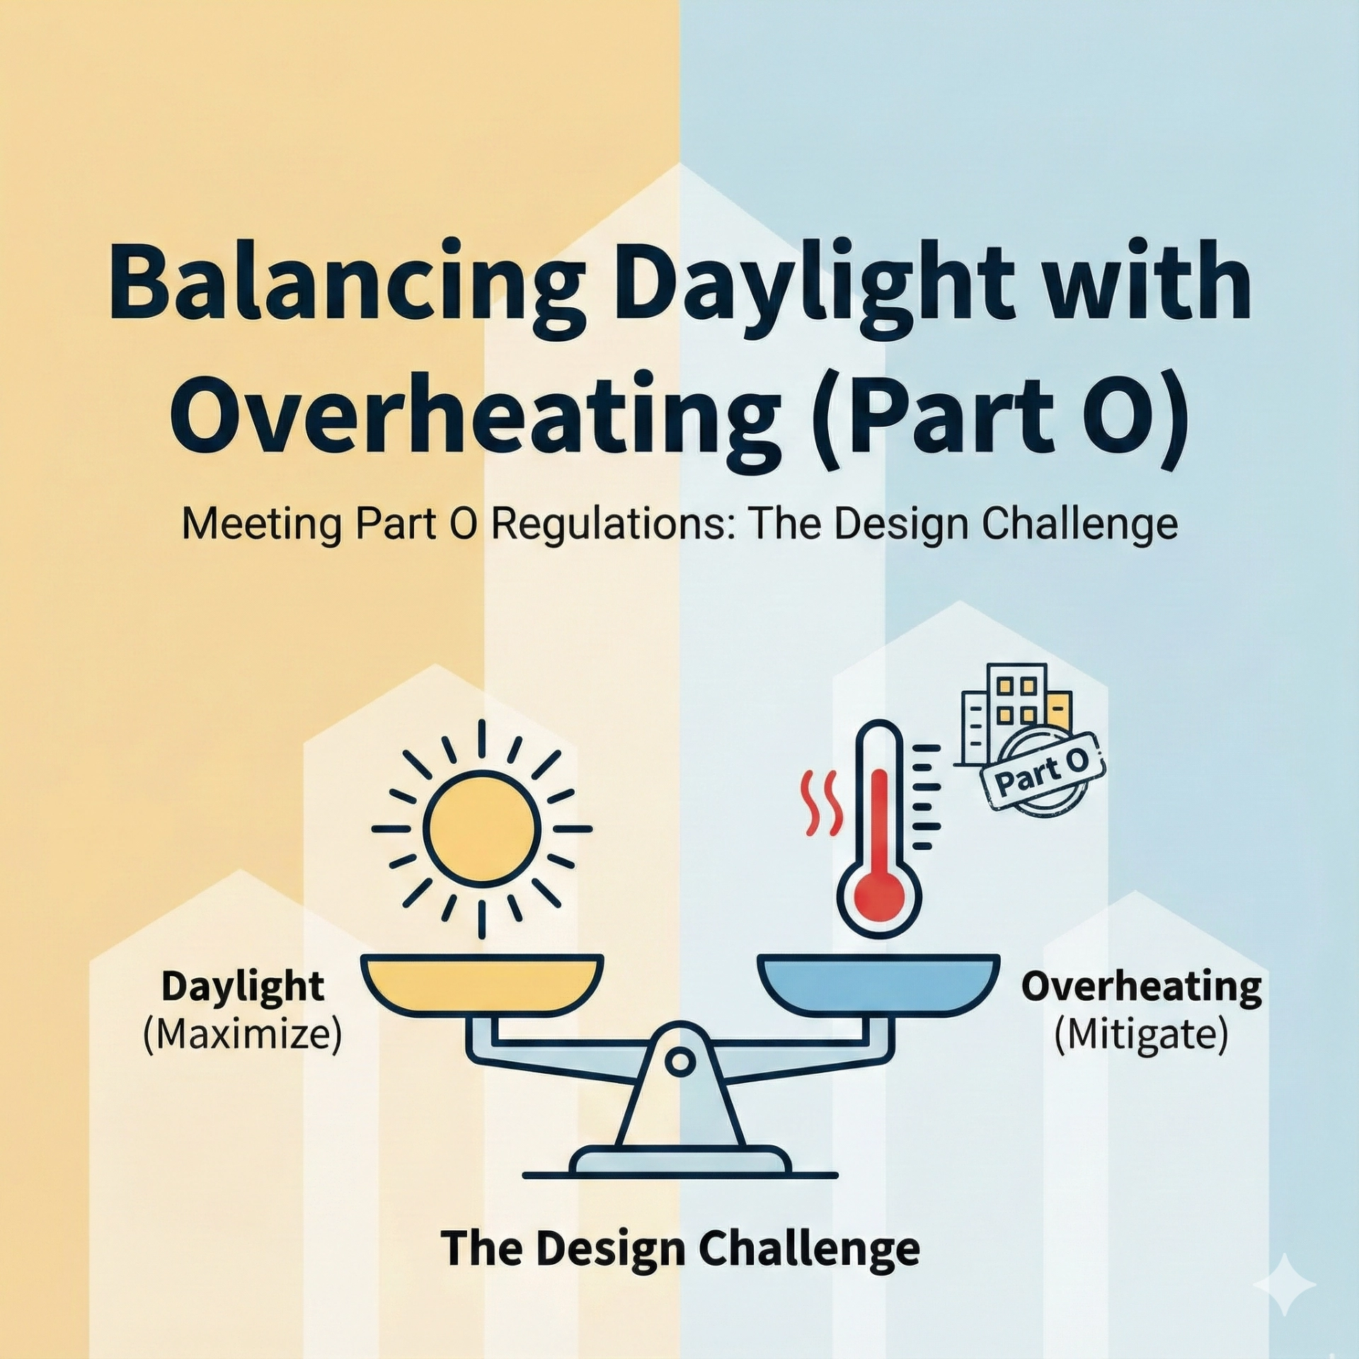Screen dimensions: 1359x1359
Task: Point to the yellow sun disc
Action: click(482, 828)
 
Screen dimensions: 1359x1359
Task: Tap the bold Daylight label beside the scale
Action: click(243, 987)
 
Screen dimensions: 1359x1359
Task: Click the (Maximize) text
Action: click(243, 1035)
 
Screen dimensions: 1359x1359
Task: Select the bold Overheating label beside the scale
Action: click(1141, 987)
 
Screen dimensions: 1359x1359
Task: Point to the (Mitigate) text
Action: click(1141, 1035)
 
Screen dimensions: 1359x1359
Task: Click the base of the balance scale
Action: click(679, 1161)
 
